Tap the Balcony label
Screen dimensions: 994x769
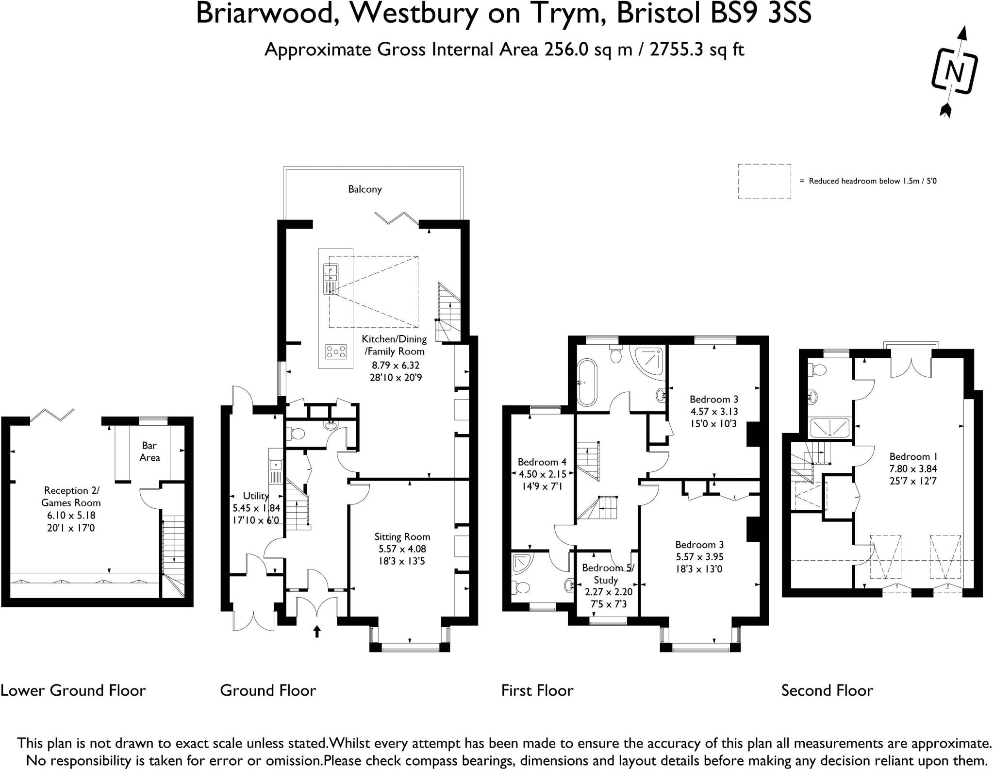click(365, 189)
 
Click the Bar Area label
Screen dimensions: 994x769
click(149, 451)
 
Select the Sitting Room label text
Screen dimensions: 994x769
click(402, 536)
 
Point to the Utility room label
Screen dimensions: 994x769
click(256, 496)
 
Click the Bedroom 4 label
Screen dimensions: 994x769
click(542, 462)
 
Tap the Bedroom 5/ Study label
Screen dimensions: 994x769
click(608, 574)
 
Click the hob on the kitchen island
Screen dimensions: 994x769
click(336, 351)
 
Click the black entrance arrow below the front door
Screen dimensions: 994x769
click(317, 631)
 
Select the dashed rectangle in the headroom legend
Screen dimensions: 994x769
click(764, 181)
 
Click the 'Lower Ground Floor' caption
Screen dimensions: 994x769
click(73, 690)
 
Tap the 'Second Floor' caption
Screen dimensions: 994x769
click(827, 690)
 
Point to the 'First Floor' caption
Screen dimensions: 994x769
click(537, 690)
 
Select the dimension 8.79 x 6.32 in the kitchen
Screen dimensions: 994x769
click(396, 365)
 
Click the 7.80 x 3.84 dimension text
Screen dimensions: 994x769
click(913, 469)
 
